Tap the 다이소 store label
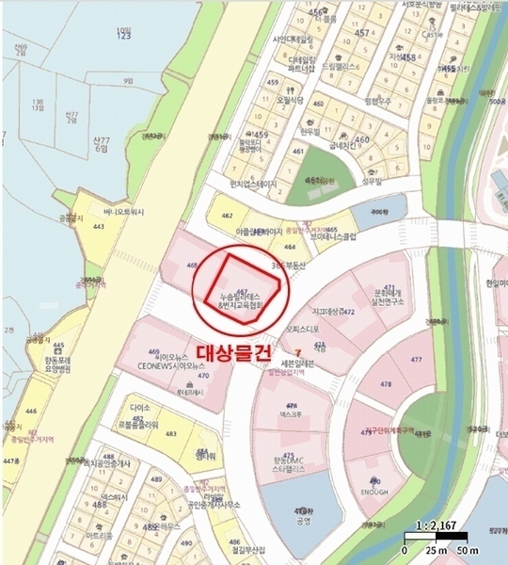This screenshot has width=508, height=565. [x=141, y=409]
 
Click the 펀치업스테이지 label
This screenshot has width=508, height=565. [x=240, y=185]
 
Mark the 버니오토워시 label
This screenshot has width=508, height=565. [x=124, y=213]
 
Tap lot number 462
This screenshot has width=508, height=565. [x=226, y=217]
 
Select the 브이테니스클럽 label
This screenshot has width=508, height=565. [x=324, y=238]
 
